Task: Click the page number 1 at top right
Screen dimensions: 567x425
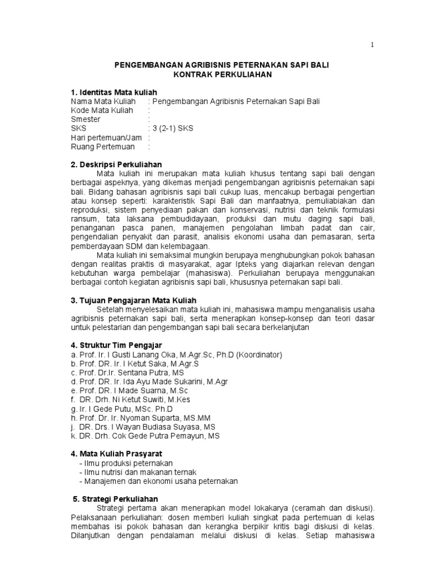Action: pyautogui.click(x=372, y=45)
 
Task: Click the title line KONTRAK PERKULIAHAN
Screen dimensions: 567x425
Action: pyautogui.click(x=221, y=74)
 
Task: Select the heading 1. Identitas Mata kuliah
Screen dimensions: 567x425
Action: pyautogui.click(x=114, y=91)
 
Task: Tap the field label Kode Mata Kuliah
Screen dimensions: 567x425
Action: pyautogui.click(x=102, y=110)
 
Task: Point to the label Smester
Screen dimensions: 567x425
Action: pyautogui.click(x=86, y=120)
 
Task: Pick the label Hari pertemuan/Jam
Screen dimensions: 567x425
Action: pyautogui.click(x=107, y=138)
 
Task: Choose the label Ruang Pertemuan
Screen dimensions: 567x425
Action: pyautogui.click(x=103, y=147)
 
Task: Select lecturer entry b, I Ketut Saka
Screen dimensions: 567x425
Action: pyautogui.click(x=134, y=363)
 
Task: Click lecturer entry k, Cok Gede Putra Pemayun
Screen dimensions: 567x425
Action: pyautogui.click(x=145, y=436)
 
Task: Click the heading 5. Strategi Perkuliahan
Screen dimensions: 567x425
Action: pyautogui.click(x=116, y=499)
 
